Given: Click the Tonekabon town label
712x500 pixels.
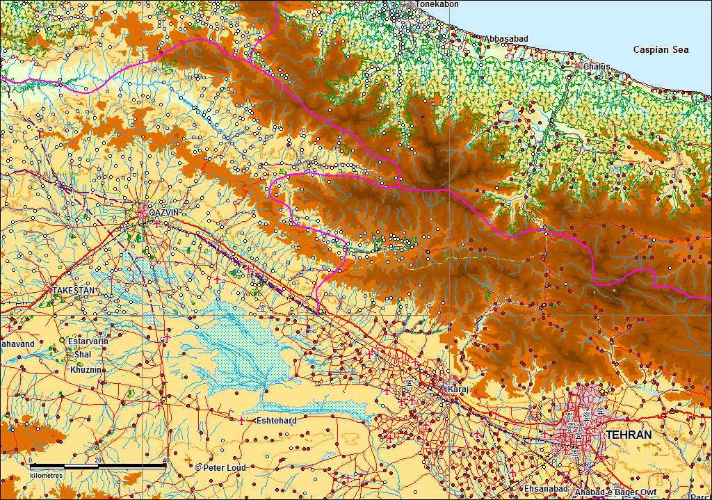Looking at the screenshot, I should coord(435,4).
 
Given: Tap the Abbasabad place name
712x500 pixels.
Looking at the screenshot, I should coord(506,38).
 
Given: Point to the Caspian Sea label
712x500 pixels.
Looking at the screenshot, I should coord(661,49).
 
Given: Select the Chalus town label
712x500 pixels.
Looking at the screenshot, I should coord(597,66).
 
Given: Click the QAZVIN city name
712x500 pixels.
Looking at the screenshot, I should coord(164,212).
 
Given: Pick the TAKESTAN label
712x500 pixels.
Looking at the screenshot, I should coord(73,289).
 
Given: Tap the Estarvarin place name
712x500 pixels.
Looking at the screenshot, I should coord(88,341).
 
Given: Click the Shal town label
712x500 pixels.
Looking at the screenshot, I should coord(82,355).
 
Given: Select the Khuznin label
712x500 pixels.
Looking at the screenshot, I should coord(88,370).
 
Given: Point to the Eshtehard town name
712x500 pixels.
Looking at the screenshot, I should coord(277,421).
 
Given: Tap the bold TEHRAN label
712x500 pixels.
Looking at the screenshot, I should coord(629,435).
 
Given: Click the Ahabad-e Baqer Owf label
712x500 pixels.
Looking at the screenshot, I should coord(615,492).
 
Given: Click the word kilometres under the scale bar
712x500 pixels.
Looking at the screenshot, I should coord(46,475).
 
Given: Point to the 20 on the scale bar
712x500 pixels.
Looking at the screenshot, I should coord(98,460).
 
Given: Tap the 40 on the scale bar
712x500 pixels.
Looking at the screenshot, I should coord(165,460).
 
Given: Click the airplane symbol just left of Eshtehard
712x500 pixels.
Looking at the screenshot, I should coord(241,421).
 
